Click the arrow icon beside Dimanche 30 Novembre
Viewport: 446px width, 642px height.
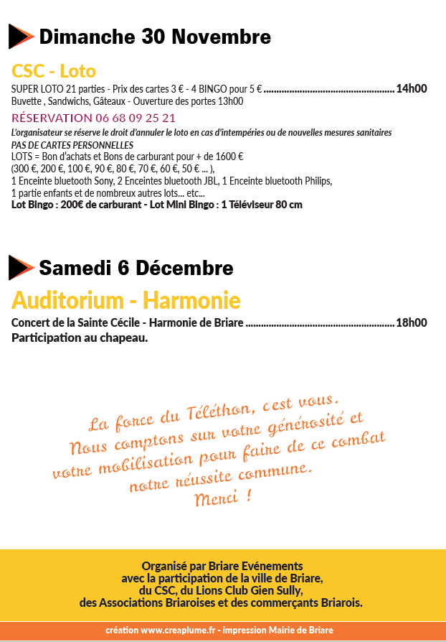tap(21, 36)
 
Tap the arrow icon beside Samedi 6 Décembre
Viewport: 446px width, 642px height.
tap(21, 267)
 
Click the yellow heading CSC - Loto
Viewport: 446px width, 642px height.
tap(54, 71)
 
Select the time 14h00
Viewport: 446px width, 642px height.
tap(412, 89)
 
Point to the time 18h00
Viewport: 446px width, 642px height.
tap(412, 323)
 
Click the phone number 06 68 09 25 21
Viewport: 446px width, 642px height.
tap(136, 118)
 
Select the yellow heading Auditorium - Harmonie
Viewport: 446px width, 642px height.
tap(125, 299)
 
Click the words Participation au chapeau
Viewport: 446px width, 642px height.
tap(80, 338)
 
